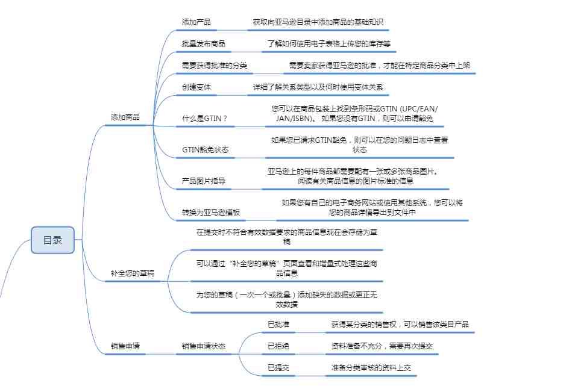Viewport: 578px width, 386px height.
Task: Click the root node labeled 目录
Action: (52, 240)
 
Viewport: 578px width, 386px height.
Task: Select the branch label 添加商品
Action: (125, 117)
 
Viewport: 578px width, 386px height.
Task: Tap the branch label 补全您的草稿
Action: (133, 273)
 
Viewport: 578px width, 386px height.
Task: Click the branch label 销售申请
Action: (125, 346)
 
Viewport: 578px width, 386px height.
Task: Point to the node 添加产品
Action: (196, 22)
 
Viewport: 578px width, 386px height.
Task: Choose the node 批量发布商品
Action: (204, 44)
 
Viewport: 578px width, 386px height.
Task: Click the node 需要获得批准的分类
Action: (214, 66)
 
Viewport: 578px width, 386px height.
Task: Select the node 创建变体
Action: (196, 87)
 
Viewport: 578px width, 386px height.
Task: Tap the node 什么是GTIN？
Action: (204, 118)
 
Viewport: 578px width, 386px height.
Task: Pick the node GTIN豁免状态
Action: (206, 150)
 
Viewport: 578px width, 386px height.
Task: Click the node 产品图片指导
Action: (204, 181)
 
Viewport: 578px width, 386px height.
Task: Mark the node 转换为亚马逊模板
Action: (211, 213)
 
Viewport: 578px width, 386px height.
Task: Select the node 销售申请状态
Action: (204, 346)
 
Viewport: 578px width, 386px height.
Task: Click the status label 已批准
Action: (278, 324)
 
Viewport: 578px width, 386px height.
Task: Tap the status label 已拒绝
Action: (278, 346)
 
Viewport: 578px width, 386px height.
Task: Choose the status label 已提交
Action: (278, 367)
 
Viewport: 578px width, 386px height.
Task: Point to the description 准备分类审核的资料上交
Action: (371, 367)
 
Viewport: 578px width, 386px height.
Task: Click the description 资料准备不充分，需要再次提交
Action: (382, 346)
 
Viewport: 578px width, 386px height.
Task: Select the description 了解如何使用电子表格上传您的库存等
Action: (329, 44)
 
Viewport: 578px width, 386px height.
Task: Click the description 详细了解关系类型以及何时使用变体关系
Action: (318, 87)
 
